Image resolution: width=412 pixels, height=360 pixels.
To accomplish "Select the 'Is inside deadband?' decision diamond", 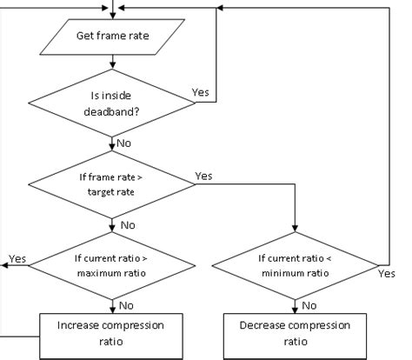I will click(x=112, y=103).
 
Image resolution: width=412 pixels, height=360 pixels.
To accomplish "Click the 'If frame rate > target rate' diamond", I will click(x=112, y=183).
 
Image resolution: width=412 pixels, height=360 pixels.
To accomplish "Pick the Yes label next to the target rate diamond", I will click(x=204, y=175).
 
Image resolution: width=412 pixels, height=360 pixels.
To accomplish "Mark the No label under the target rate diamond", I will click(x=127, y=224).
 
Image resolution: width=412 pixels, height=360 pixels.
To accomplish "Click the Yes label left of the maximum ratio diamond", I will click(x=17, y=258).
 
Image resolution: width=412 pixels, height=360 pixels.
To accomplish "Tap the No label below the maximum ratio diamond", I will click(x=127, y=304).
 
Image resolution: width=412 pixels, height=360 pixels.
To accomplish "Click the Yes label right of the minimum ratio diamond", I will click(x=387, y=272).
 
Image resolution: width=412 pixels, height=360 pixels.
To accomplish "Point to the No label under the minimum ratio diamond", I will click(x=309, y=304).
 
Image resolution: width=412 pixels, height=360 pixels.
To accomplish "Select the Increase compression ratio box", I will click(x=112, y=334).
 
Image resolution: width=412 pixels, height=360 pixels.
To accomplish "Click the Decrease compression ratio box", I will click(x=296, y=334).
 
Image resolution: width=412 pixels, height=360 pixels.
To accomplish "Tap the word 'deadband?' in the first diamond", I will click(x=112, y=110).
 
